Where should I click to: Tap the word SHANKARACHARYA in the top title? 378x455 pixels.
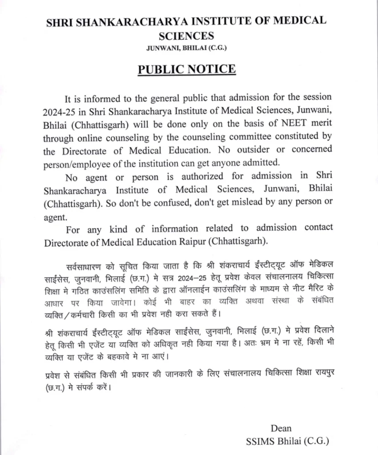pyautogui.click(x=122, y=21)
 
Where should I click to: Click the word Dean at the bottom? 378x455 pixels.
pyautogui.click(x=281, y=428)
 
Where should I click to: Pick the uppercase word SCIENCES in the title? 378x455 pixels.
pyautogui.click(x=186, y=36)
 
